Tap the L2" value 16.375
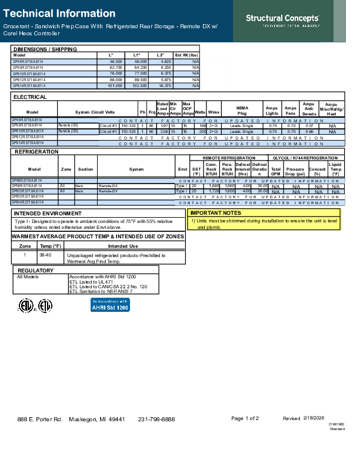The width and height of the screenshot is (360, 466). [164, 85]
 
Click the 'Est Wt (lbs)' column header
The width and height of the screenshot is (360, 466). [187, 55]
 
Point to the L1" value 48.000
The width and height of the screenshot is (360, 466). [140, 61]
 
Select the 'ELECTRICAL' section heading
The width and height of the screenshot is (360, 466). [30, 97]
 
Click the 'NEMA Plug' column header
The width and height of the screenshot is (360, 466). [242, 110]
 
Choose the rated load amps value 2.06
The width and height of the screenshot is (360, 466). [164, 132]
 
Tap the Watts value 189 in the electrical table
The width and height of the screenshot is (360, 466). [202, 126]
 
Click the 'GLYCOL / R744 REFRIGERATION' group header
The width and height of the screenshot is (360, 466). [305, 158]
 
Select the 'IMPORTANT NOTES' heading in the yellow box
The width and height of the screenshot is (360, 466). [216, 213]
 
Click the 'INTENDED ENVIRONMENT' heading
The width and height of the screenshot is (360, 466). [48, 213]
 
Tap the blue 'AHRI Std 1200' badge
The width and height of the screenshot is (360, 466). [110, 305]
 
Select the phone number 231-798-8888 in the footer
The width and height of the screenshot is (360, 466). [156, 419]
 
